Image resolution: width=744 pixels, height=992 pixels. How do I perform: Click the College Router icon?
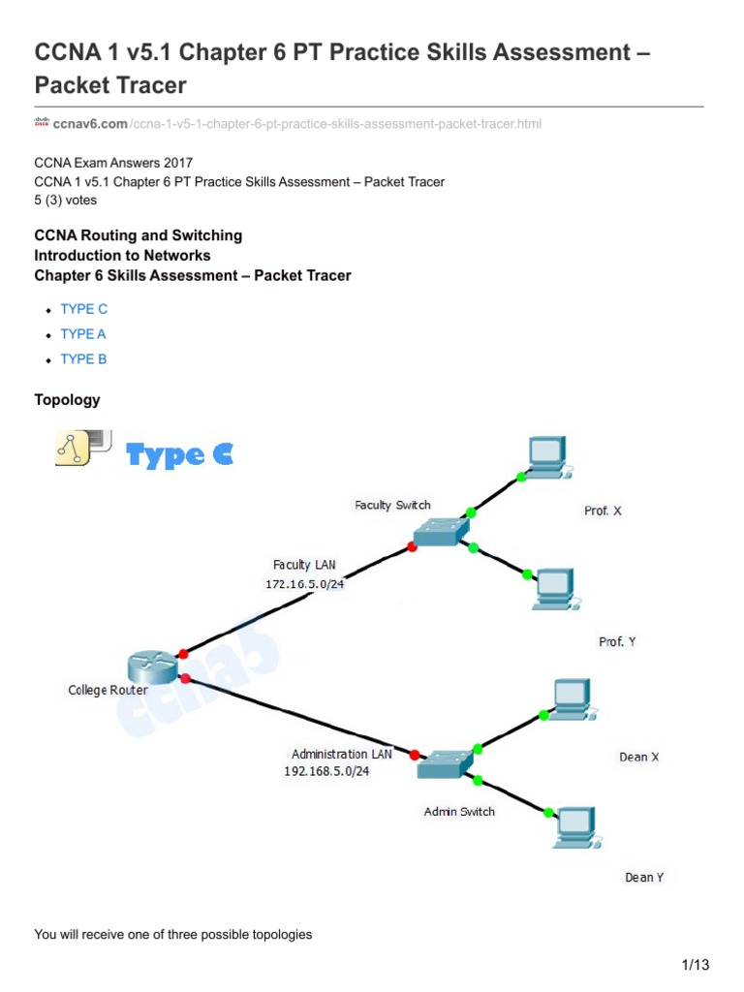click(150, 667)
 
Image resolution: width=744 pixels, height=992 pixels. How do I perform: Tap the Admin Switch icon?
click(445, 764)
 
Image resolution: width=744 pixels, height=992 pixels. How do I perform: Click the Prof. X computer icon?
click(547, 457)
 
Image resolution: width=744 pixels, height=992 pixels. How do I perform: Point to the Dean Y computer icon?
click(575, 825)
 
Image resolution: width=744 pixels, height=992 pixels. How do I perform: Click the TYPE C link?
click(83, 309)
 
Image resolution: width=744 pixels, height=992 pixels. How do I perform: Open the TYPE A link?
click(83, 334)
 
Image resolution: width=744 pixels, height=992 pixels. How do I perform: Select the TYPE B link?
click(83, 359)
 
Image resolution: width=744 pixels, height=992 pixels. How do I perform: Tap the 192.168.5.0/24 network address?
click(326, 772)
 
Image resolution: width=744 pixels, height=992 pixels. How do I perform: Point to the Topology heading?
click(67, 400)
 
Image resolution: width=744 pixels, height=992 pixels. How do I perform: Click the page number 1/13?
click(696, 965)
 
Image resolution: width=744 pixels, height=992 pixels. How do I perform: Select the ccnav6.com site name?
click(90, 124)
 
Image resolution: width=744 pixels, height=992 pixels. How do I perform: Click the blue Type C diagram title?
click(180, 455)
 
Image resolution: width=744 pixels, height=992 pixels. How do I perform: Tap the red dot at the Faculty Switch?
click(412, 547)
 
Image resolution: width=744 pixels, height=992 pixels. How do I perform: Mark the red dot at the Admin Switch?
click(415, 755)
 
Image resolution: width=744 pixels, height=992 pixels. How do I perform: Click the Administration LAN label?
click(342, 754)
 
